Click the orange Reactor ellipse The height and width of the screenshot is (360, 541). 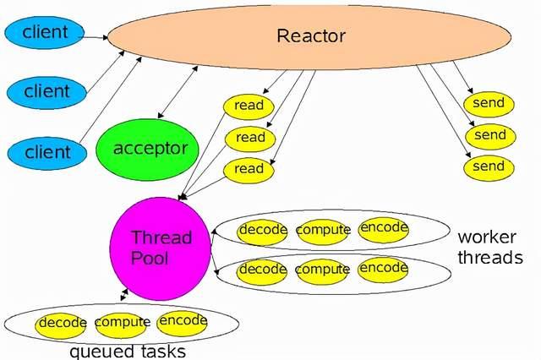[311, 35]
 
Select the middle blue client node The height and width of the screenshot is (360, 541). [47, 90]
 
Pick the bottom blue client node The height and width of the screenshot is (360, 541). [47, 152]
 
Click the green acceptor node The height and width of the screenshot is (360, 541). [150, 149]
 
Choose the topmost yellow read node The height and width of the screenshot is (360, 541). [249, 106]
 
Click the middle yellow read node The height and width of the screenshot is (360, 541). [249, 138]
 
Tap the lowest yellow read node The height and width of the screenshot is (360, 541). [249, 169]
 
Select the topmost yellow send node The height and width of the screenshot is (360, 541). [489, 104]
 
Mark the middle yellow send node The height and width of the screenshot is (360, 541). [489, 135]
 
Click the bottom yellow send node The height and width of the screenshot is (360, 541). [489, 166]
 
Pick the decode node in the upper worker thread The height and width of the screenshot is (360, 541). [263, 230]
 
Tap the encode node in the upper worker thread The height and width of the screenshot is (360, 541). [384, 228]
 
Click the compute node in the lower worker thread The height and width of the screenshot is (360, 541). [323, 270]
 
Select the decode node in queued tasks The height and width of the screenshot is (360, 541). [63, 323]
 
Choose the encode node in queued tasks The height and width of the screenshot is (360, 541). [183, 320]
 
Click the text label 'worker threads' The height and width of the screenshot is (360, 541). [489, 246]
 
